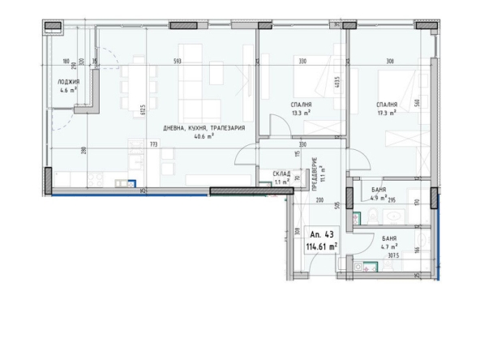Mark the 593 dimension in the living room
(x=177, y=62)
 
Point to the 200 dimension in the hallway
(x=319, y=199)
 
